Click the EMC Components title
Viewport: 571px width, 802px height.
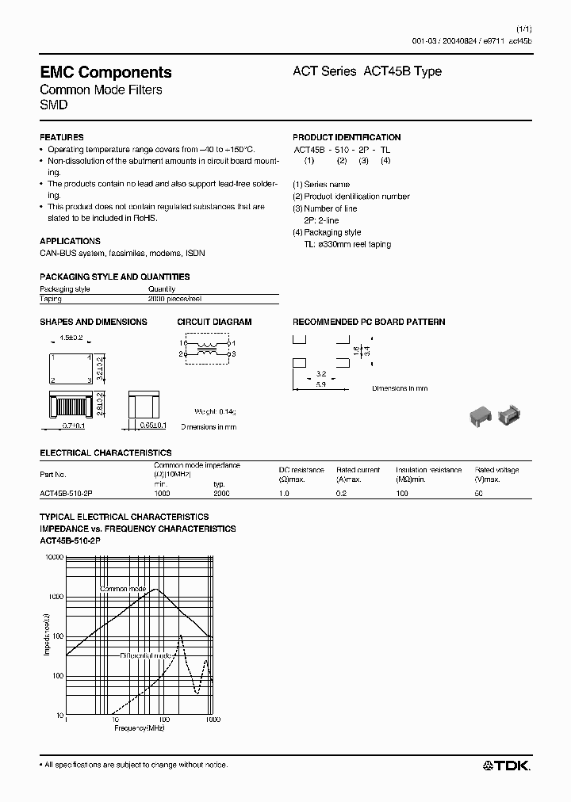coord(105,72)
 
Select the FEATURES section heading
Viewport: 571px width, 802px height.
coord(61,137)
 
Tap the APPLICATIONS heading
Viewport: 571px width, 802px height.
coord(70,241)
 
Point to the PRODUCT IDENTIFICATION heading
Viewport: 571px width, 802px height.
coord(347,137)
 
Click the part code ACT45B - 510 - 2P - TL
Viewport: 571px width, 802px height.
coord(342,149)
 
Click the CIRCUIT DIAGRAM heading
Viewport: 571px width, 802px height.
coord(214,322)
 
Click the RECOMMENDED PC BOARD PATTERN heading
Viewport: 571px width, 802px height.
coord(369,322)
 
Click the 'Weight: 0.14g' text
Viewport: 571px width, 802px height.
coord(215,412)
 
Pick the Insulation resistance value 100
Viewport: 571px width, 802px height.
coord(402,492)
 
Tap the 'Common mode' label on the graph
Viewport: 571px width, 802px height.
coord(123,589)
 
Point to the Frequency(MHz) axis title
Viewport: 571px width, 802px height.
coord(139,728)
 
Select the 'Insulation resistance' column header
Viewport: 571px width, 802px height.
coord(428,470)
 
